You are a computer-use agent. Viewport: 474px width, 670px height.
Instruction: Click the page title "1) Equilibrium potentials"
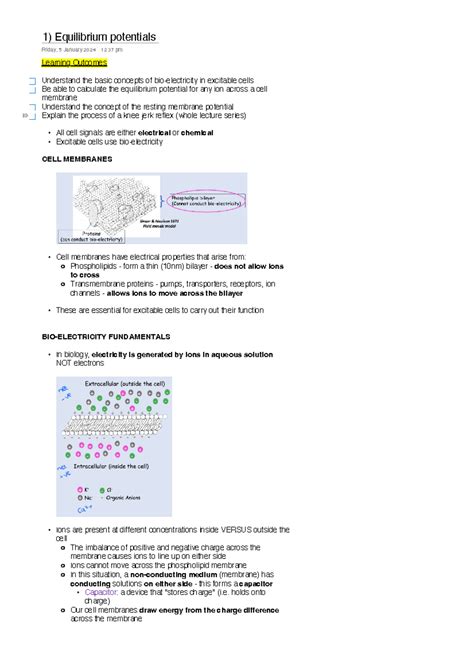click(99, 37)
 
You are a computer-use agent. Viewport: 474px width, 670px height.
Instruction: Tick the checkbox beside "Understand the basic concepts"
click(32, 80)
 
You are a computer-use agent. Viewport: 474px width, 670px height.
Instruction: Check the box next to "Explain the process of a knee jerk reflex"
click(32, 116)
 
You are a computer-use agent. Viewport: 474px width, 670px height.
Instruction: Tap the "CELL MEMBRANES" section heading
click(77, 158)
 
